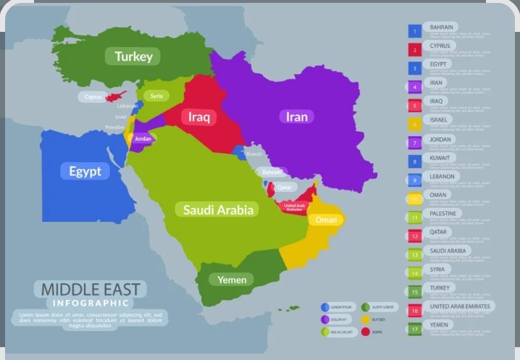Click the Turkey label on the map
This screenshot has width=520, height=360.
pyautogui.click(x=132, y=56)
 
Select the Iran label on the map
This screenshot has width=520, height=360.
pyautogui.click(x=295, y=117)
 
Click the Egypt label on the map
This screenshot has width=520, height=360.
pyautogui.click(x=85, y=171)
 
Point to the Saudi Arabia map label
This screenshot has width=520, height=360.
pyautogui.click(x=218, y=209)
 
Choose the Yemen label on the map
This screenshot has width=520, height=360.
pyautogui.click(x=232, y=280)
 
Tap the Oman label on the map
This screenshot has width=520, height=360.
pyautogui.click(x=327, y=219)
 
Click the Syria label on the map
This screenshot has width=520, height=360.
pyautogui.click(x=156, y=96)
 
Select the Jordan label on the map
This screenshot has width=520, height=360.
pyautogui.click(x=143, y=138)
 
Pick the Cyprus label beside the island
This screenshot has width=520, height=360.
pyautogui.click(x=93, y=96)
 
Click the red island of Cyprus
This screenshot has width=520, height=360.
pyautogui.click(x=114, y=96)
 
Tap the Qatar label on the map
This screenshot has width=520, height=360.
pyautogui.click(x=284, y=187)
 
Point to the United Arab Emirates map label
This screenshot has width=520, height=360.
pyautogui.click(x=295, y=207)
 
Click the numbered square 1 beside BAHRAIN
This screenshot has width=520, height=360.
pyautogui.click(x=415, y=31)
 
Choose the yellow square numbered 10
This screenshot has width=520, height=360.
pyautogui.click(x=415, y=198)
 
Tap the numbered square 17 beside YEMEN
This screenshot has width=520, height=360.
pyautogui.click(x=415, y=329)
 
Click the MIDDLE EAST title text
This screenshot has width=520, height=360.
pyautogui.click(x=91, y=289)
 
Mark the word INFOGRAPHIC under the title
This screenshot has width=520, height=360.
pyautogui.click(x=91, y=302)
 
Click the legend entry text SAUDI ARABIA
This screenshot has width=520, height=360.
pyautogui.click(x=450, y=251)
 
